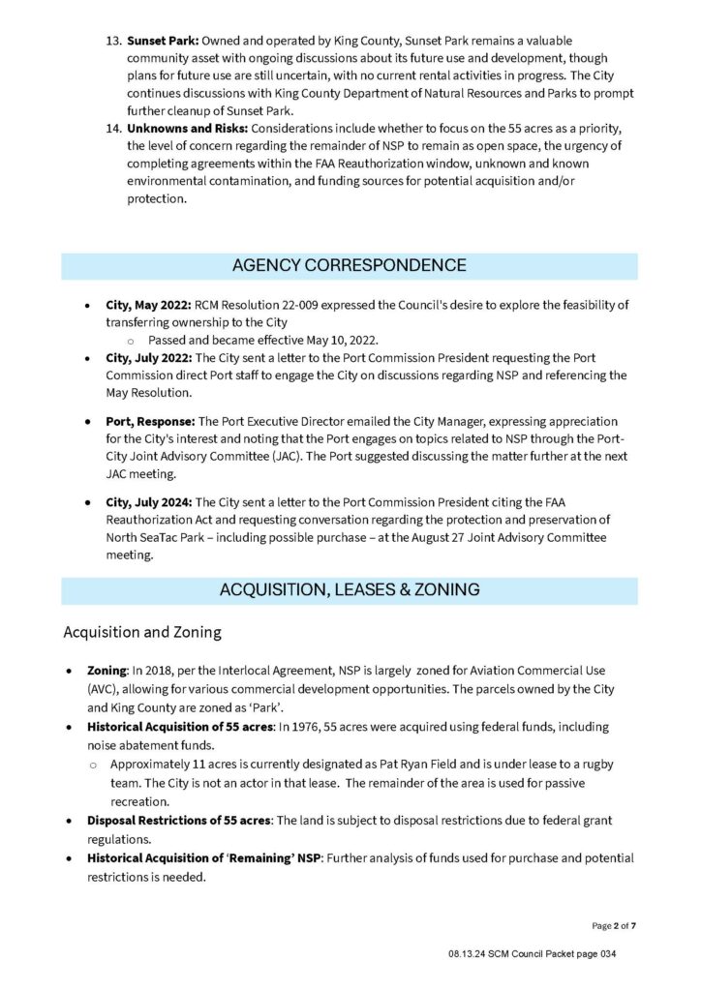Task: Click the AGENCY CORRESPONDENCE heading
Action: (350, 266)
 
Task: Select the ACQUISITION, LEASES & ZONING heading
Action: (350, 590)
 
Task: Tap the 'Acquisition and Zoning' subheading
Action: (142, 632)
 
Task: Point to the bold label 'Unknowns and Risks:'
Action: (188, 129)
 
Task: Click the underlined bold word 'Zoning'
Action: (107, 671)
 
